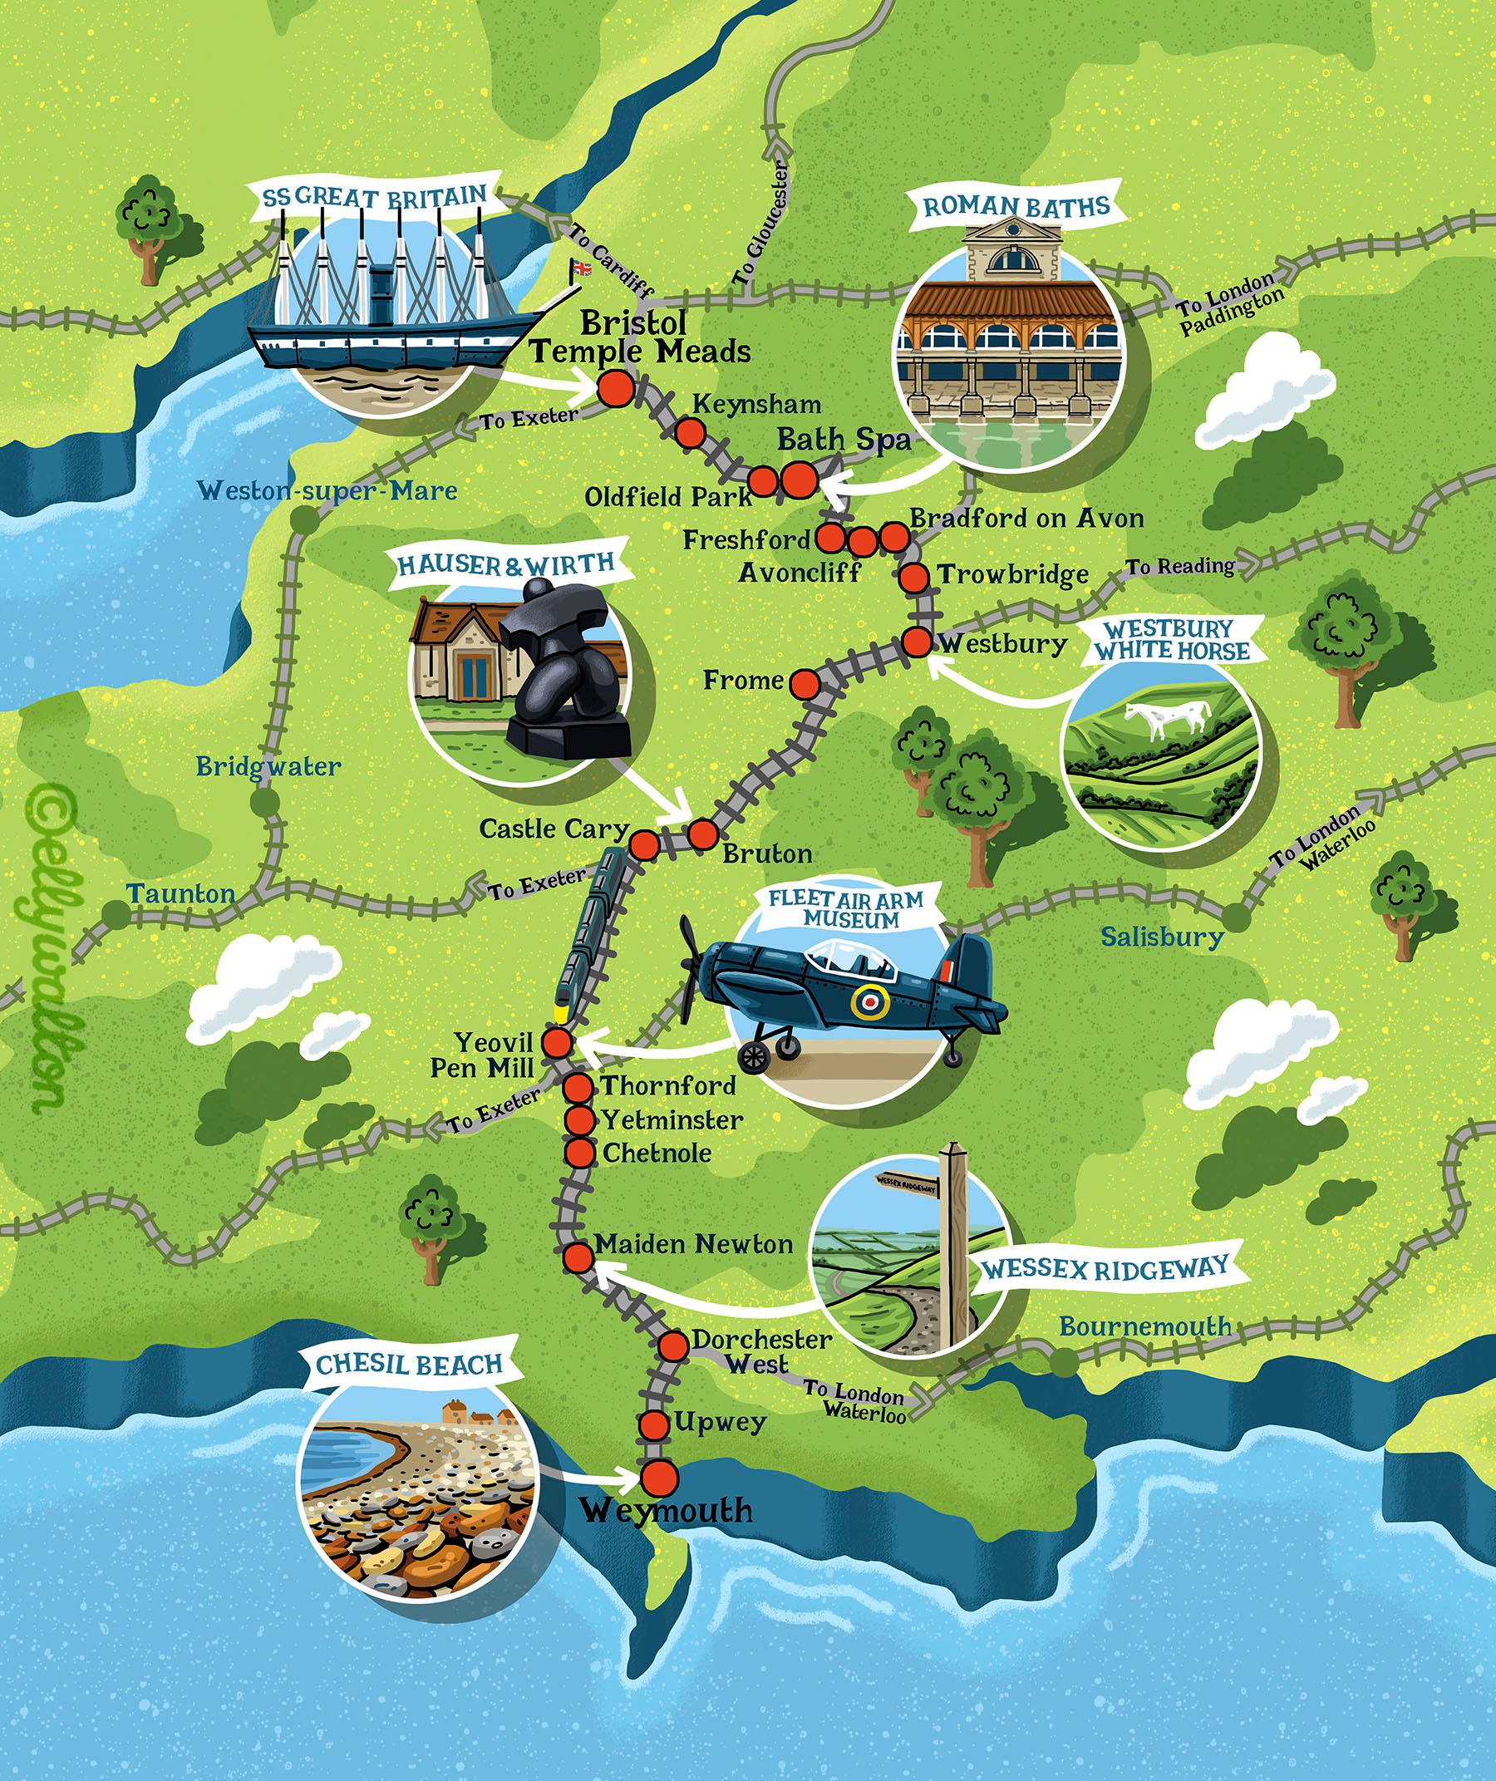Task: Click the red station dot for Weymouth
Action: (x=659, y=1478)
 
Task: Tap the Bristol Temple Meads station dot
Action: (x=616, y=389)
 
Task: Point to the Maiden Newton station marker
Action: (x=578, y=1257)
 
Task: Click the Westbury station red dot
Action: (x=917, y=642)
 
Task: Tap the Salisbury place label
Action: (x=1162, y=937)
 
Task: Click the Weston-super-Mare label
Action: (x=327, y=491)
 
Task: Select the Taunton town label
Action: (x=180, y=894)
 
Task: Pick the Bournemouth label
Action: (x=1145, y=1326)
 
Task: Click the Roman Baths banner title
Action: (x=1016, y=206)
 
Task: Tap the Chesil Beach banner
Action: (x=410, y=1365)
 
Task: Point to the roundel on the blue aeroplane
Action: (x=870, y=1001)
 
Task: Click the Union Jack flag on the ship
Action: (x=582, y=268)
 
